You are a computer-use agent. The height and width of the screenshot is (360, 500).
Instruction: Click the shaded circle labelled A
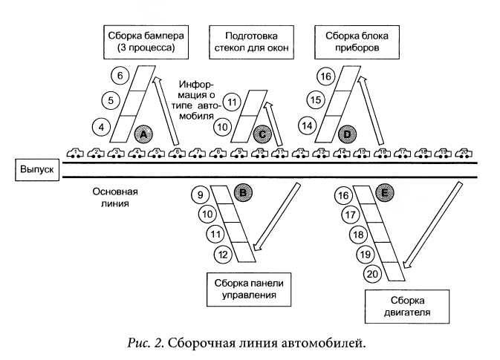coord(144,133)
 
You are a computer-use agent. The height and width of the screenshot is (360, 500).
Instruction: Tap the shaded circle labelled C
coord(262,134)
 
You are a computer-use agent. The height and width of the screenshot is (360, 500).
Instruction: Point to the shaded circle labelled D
coord(346,134)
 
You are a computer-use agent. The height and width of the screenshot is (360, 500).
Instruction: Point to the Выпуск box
coord(36,170)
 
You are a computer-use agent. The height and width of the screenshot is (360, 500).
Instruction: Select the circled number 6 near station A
coord(120,74)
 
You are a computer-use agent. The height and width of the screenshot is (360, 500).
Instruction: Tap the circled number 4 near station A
coord(102,126)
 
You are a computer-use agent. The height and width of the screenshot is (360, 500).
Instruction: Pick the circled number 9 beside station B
coord(198,196)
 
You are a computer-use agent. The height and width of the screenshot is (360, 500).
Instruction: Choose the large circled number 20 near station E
coord(372,275)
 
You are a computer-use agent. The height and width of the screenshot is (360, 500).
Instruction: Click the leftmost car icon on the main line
coord(74,154)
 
